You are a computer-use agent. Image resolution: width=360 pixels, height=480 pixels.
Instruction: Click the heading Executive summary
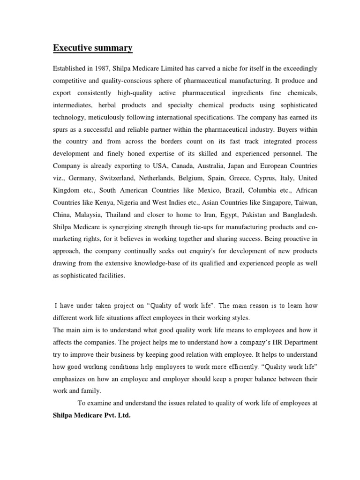coord(92,48)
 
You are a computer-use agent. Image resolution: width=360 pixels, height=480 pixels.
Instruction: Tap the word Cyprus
coord(265,178)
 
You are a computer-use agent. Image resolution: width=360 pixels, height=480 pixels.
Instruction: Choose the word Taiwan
coord(306,202)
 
